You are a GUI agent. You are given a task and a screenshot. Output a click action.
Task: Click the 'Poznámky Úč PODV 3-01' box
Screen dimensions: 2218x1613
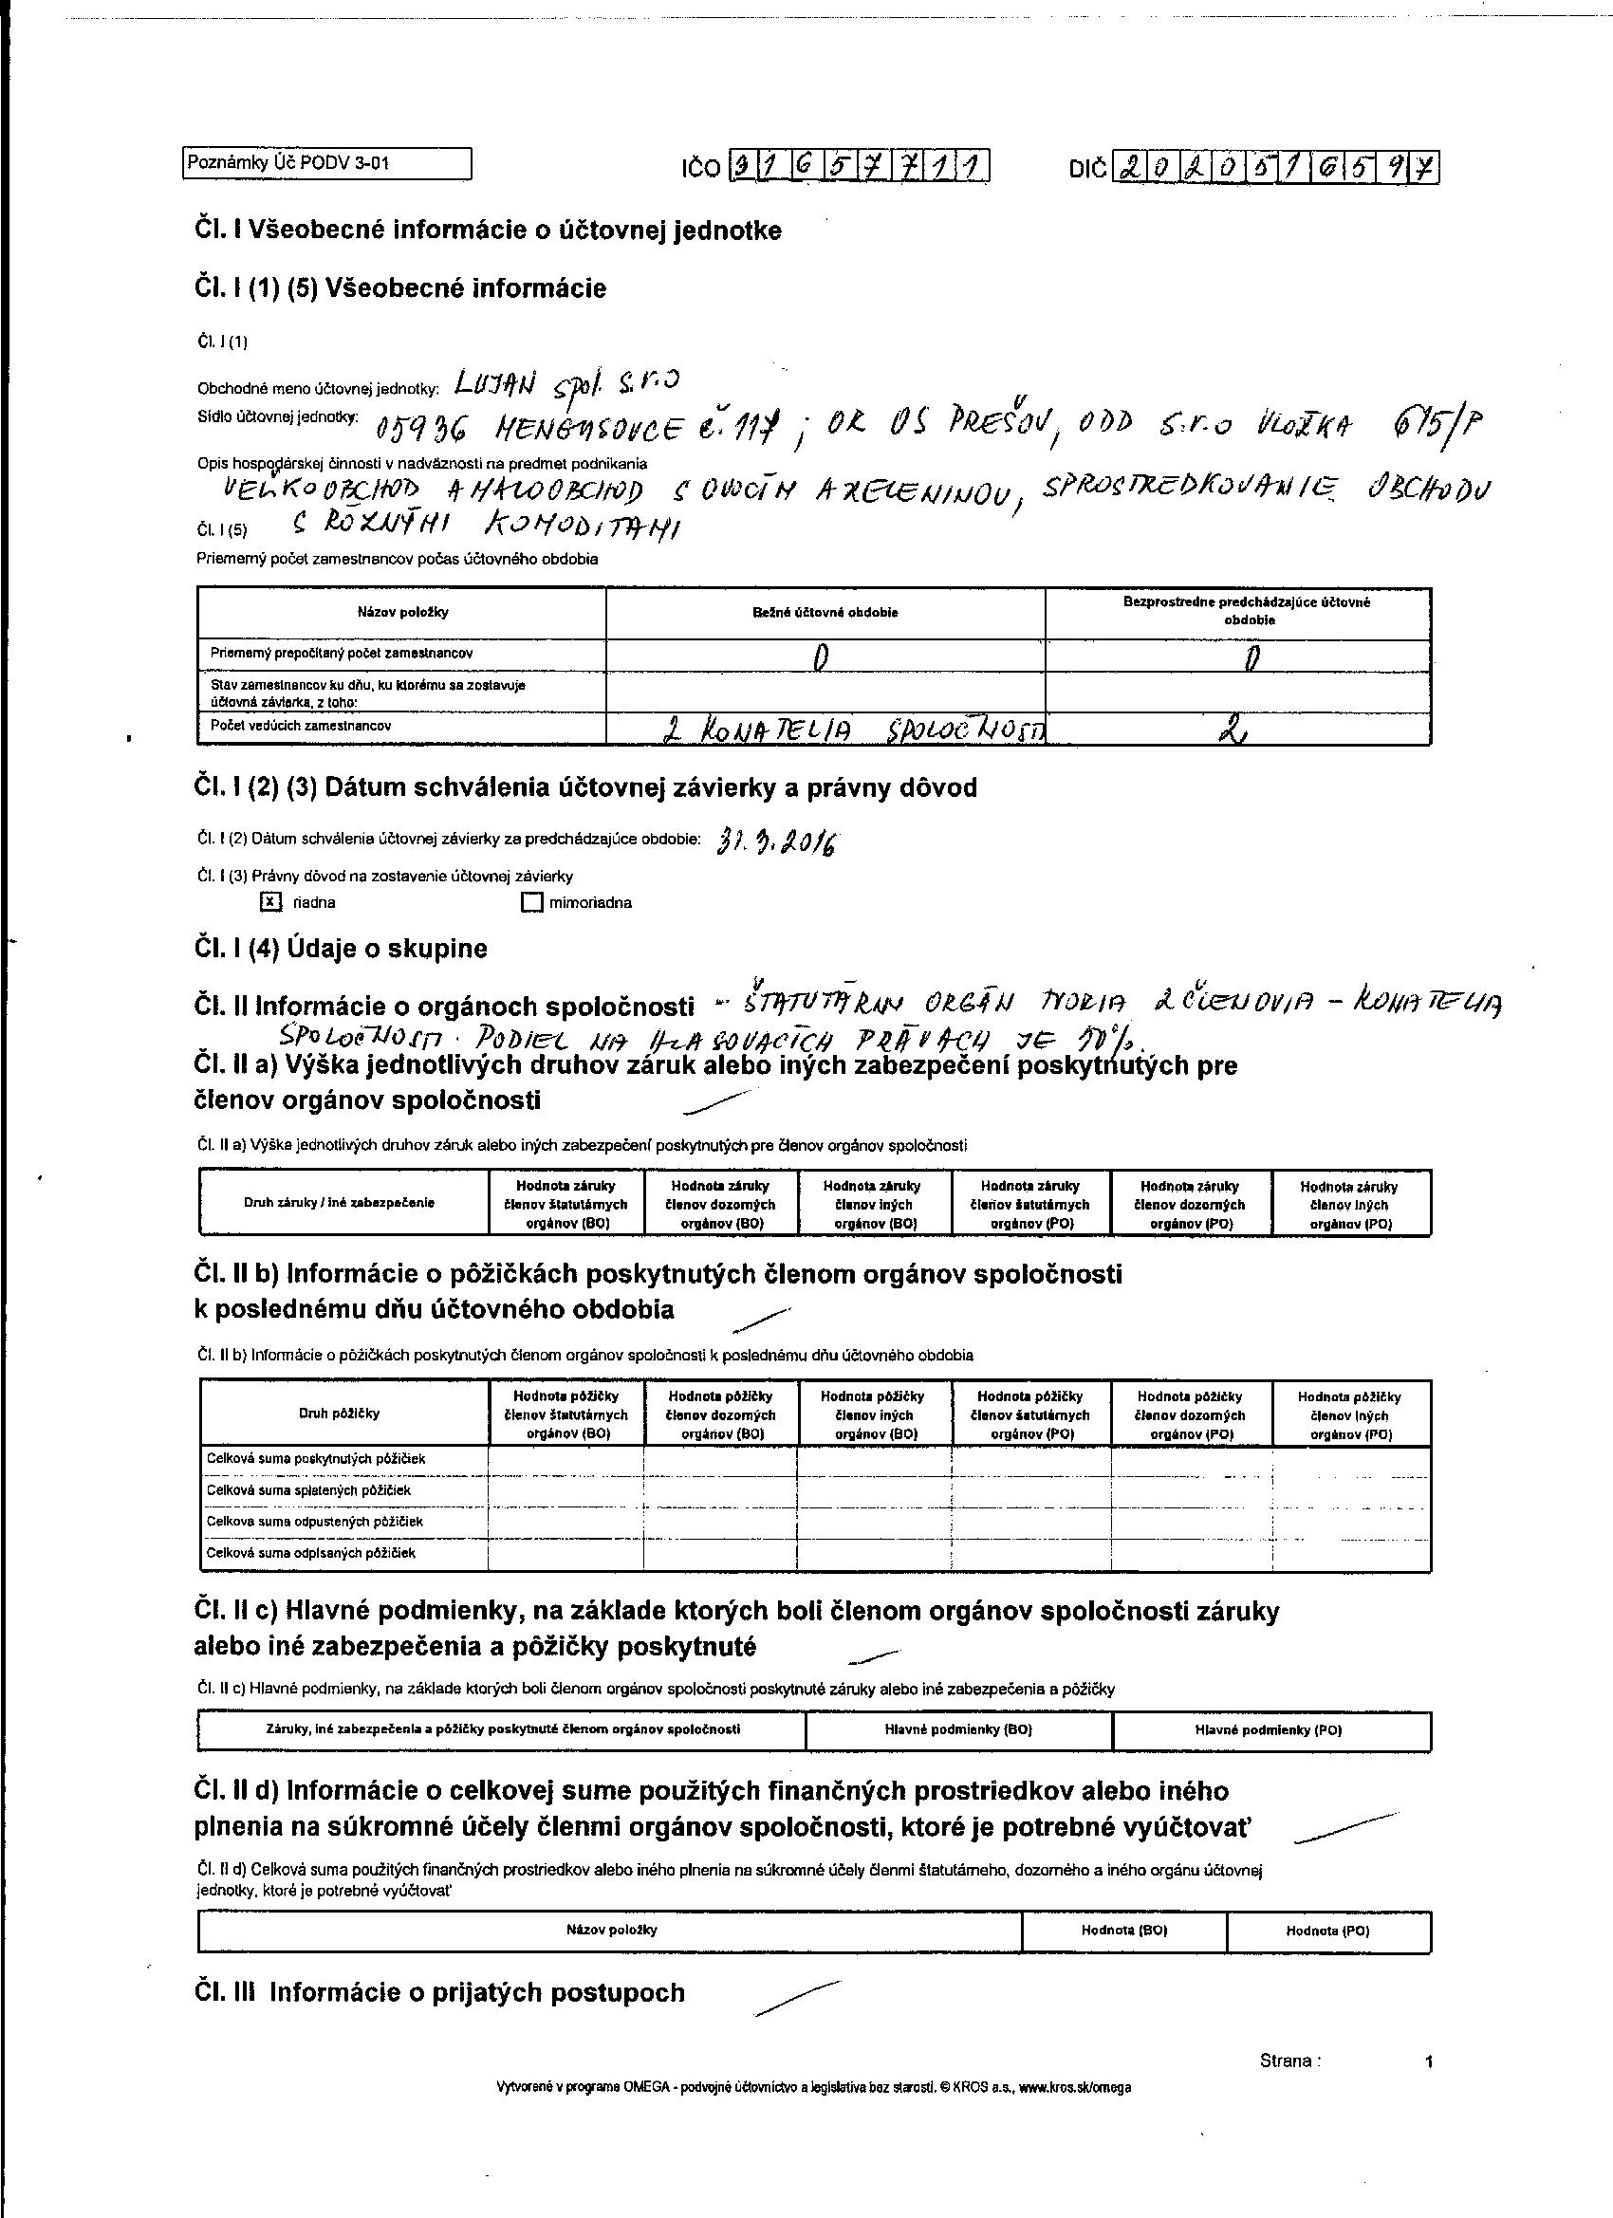326,163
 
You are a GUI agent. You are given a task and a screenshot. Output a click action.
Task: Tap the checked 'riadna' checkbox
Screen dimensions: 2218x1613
271,901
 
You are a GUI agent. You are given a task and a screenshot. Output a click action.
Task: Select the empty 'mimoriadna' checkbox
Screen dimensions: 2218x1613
531,902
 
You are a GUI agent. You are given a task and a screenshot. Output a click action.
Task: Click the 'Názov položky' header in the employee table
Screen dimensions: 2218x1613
402,612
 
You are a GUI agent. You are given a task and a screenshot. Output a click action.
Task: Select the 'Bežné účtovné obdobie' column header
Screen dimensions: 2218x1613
825,612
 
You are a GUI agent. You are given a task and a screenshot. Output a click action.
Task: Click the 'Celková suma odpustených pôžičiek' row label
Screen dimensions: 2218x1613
314,1522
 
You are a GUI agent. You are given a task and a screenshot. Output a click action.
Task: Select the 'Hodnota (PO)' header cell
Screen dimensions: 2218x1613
1327,1931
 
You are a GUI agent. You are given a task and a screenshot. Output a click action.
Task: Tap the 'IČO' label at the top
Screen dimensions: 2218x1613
701,169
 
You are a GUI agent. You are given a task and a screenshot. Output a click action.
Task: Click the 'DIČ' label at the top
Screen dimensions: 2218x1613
1087,169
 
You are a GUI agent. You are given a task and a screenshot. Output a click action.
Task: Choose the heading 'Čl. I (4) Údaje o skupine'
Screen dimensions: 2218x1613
341,949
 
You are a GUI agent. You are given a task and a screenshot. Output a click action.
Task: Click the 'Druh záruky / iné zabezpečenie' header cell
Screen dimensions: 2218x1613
339,1203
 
